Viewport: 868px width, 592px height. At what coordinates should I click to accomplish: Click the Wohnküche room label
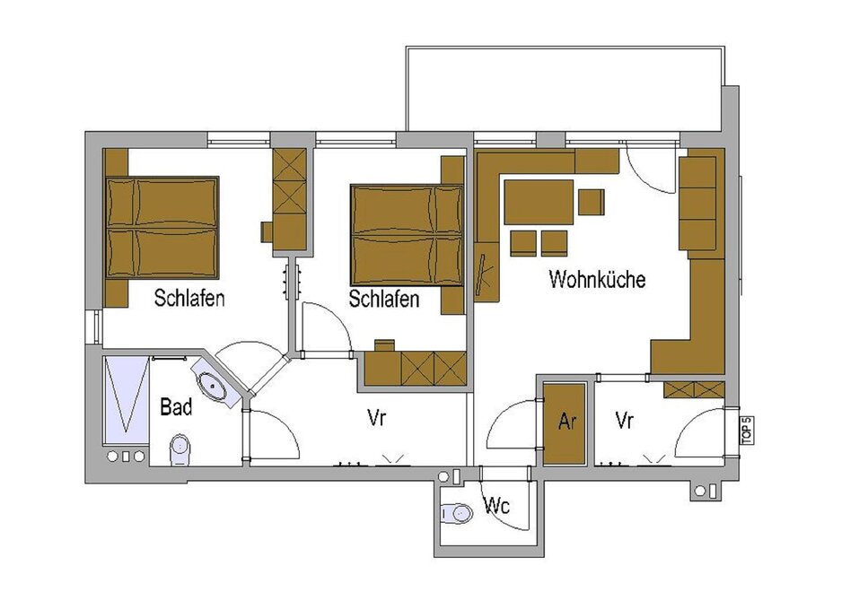tap(597, 279)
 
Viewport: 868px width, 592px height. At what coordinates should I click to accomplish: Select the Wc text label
tap(496, 505)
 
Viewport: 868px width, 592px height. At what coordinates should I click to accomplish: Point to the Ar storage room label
tap(567, 422)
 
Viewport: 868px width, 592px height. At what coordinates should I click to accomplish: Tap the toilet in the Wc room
tap(457, 513)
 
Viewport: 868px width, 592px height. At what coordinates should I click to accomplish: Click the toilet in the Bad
tap(180, 449)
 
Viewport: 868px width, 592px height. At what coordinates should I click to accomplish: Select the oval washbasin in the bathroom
tap(212, 385)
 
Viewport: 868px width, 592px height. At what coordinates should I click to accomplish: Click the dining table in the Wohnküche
tap(538, 202)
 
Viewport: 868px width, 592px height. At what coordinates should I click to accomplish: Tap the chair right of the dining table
tap(592, 202)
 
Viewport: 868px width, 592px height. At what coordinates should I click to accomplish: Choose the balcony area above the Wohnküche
tap(564, 89)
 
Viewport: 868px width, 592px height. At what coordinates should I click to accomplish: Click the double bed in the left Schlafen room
tap(162, 228)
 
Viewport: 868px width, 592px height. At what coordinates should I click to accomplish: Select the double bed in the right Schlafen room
tap(407, 236)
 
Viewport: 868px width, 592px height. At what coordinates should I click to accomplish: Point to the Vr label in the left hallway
tap(376, 418)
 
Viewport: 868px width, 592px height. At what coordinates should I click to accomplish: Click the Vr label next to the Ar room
tap(624, 421)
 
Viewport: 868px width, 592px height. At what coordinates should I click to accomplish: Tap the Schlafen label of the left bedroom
tap(189, 298)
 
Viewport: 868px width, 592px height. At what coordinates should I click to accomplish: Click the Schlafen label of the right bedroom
tap(383, 299)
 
